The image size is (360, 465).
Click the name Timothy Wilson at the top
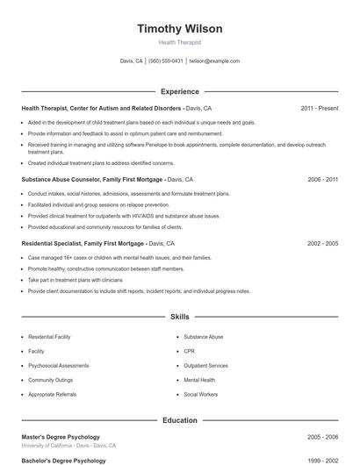click(180, 28)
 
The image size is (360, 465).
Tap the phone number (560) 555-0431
click(165, 61)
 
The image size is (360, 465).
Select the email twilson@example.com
click(214, 61)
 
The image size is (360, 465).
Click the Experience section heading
click(180, 91)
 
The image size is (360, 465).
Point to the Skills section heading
click(180, 316)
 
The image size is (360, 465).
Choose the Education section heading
click(180, 420)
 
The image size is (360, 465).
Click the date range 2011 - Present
click(319, 108)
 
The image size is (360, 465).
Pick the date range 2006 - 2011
click(322, 179)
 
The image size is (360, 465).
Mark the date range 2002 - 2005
click(322, 242)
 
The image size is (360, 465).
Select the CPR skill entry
click(189, 351)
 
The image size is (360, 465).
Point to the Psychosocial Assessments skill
click(59, 366)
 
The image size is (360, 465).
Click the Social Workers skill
click(200, 395)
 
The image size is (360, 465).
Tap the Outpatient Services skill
click(205, 366)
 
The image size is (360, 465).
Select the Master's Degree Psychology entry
click(61, 436)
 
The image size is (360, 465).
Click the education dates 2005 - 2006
click(322, 436)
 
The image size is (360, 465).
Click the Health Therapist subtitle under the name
click(180, 42)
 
